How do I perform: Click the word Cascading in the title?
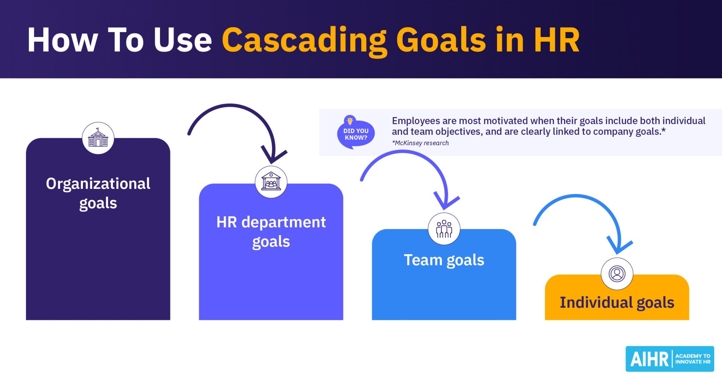(304, 40)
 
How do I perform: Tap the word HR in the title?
(557, 40)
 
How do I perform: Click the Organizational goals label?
(98, 193)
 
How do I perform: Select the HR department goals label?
(271, 232)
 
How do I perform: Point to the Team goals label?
(444, 260)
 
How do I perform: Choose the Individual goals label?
(617, 302)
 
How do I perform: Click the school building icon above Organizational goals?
(98, 138)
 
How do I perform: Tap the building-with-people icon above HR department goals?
(271, 182)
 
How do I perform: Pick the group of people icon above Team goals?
(444, 229)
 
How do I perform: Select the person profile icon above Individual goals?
(617, 274)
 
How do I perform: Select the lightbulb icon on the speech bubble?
(350, 121)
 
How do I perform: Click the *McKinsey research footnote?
(420, 143)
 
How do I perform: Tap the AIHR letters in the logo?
(649, 359)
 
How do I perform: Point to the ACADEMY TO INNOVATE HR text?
(693, 359)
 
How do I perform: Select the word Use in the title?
(183, 40)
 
